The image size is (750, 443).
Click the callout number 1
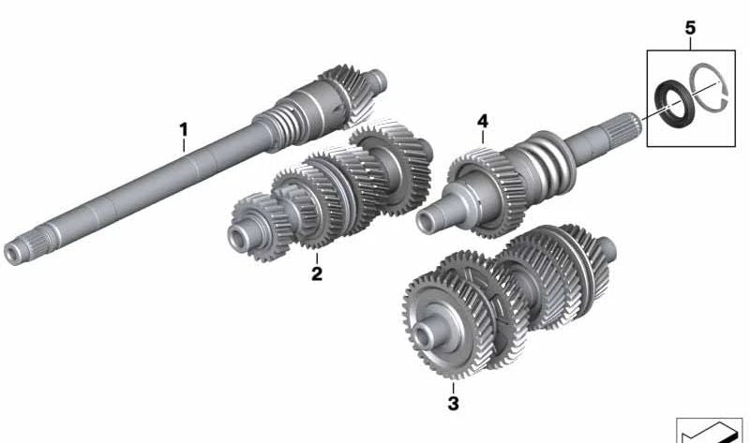tap(184, 129)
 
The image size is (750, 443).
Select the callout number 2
tap(317, 273)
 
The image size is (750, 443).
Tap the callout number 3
tap(453, 404)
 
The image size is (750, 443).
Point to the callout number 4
tap(483, 122)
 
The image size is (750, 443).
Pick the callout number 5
tap(690, 28)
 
